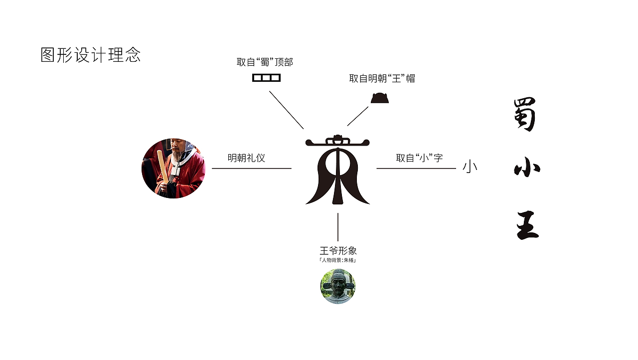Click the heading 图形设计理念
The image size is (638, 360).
[x=90, y=55]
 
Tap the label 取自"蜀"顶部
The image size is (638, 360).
[x=265, y=62]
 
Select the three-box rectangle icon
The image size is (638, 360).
[x=266, y=78]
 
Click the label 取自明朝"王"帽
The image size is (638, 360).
[x=382, y=78]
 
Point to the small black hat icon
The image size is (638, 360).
[x=380, y=98]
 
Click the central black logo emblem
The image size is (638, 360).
[x=337, y=170]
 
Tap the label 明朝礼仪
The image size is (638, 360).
[x=246, y=158]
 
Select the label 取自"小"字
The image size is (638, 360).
[x=419, y=158]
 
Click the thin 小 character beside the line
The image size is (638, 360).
[x=470, y=167]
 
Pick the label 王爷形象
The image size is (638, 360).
[x=338, y=250]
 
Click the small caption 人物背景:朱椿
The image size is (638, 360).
[x=338, y=260]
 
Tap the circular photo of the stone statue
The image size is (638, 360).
[x=338, y=287]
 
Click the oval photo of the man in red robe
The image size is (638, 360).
[x=173, y=169]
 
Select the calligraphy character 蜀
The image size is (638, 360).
[x=525, y=115]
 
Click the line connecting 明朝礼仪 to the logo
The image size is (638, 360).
[x=252, y=169]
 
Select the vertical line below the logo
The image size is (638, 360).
[x=338, y=227]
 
